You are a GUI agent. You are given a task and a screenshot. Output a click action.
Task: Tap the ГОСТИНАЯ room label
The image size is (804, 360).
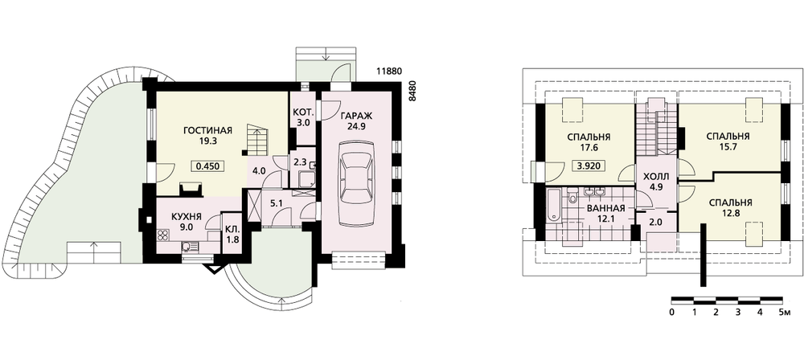(x=207, y=130)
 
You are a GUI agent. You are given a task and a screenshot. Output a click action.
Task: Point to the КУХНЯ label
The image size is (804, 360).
(x=187, y=216)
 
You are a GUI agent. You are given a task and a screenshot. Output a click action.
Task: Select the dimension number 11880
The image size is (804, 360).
(x=388, y=71)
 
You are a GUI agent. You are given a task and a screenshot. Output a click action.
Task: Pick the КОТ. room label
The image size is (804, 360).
(x=303, y=112)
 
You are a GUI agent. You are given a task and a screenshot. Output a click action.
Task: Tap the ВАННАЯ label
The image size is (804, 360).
(x=605, y=208)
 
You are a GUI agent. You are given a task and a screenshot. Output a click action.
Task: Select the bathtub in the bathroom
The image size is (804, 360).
(x=553, y=206)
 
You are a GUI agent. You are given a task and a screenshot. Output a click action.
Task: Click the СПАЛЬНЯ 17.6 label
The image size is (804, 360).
(x=589, y=142)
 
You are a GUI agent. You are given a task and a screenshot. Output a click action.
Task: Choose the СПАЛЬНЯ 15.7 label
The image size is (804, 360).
(x=728, y=141)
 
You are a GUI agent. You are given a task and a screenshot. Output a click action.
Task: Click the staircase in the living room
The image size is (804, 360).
(x=257, y=139)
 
